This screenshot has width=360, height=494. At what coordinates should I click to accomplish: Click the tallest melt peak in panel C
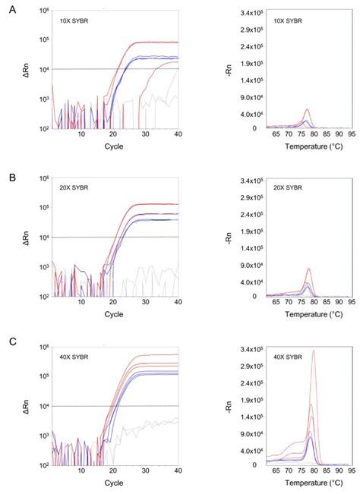click(313, 351)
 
